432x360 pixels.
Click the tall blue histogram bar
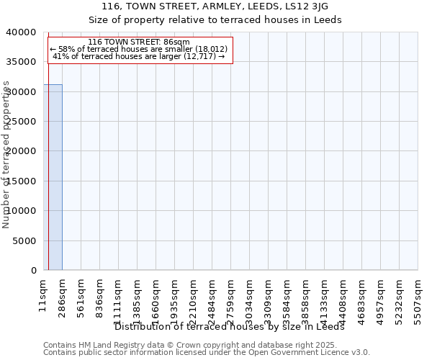(53, 177)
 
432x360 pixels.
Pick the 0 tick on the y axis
(34, 271)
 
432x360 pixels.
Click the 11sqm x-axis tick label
(43, 294)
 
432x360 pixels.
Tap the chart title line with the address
(215, 6)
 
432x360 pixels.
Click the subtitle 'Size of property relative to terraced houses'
(215, 19)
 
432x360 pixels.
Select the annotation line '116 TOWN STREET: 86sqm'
(139, 42)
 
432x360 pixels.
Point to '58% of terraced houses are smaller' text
(139, 49)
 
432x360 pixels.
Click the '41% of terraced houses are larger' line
(139, 56)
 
